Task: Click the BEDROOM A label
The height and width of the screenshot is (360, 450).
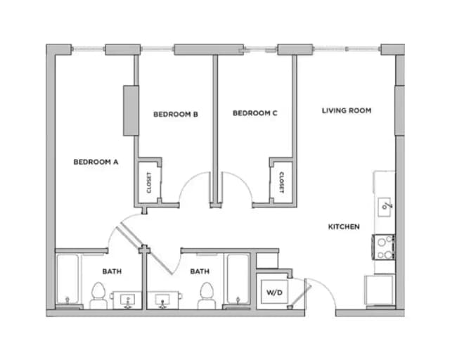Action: point(96,162)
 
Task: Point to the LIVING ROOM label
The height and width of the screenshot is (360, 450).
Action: point(347,110)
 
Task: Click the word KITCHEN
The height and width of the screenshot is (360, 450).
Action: point(344,226)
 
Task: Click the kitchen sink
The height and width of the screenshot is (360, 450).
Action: point(385,205)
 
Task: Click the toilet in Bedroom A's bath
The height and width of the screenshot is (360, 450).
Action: point(98,296)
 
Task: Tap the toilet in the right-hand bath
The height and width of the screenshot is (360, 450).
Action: point(206,296)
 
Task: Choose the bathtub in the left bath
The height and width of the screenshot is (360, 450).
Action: point(68,280)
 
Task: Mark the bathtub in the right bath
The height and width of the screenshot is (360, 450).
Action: point(237,280)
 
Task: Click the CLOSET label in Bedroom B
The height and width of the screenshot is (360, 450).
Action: point(149,182)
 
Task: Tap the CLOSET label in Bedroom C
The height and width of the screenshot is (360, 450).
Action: point(281,182)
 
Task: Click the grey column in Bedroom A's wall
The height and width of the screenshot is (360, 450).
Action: point(130,110)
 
